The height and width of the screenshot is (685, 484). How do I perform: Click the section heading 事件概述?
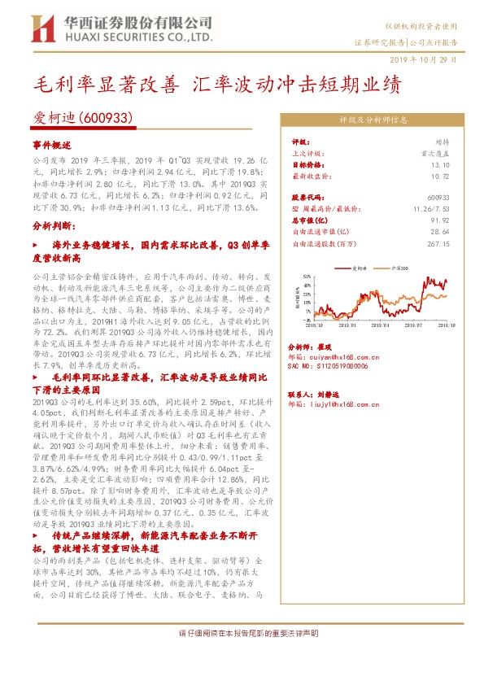53,143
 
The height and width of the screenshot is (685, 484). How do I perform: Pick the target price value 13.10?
441,163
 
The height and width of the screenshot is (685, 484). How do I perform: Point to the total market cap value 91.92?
441,219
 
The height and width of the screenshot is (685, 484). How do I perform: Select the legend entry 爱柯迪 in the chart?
360,268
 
